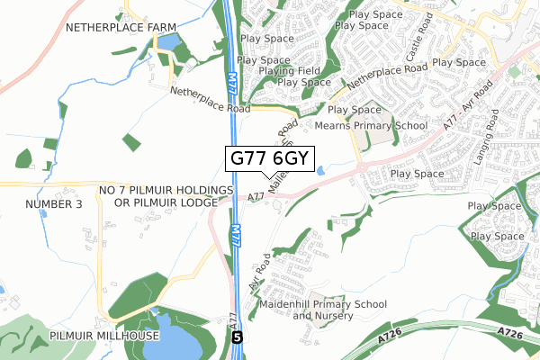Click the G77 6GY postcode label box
270,158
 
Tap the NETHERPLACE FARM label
120,28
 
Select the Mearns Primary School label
371,126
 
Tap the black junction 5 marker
237,337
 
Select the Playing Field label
289,70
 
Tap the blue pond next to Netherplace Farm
169,41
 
